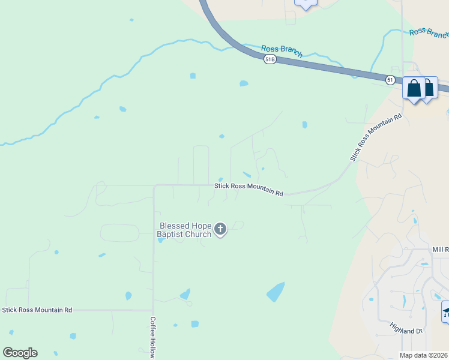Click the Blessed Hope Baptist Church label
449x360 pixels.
[184, 230]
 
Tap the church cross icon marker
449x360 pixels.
[220, 229]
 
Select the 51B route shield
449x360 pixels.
[270, 59]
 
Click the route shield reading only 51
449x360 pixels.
[390, 79]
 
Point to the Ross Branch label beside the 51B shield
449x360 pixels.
[282, 51]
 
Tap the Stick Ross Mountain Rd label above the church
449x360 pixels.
[249, 190]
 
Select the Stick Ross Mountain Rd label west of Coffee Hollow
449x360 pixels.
[37, 310]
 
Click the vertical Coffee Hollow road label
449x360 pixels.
[153, 337]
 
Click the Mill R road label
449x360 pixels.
[440, 249]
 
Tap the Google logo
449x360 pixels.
[20, 353]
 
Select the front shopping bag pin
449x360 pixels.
[414, 89]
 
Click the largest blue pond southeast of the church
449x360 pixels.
[276, 292]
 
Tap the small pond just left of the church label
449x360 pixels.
[160, 241]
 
